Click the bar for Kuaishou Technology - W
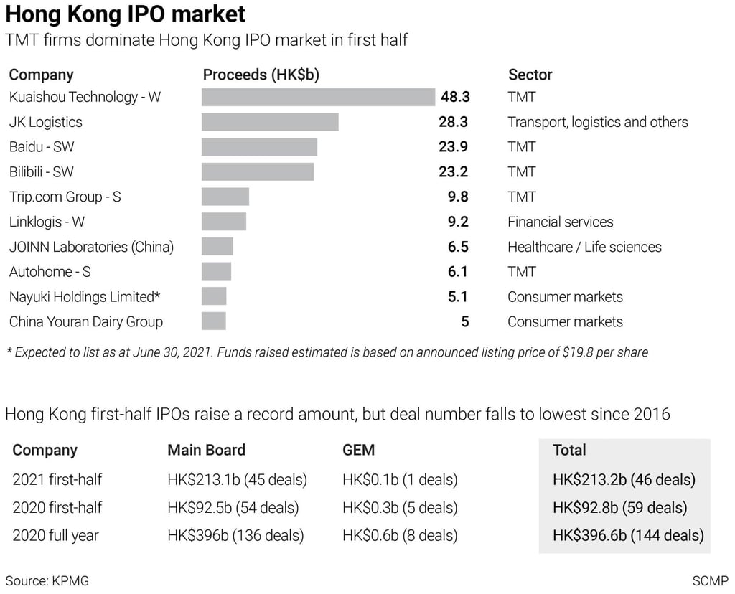[x=318, y=97]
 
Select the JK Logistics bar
[x=270, y=122]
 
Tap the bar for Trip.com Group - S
[x=225, y=197]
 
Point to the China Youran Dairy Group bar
[x=214, y=321]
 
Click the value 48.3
[x=454, y=97]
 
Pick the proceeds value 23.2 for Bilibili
[x=454, y=172]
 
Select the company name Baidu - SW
[x=42, y=147]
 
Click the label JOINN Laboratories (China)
[x=91, y=247]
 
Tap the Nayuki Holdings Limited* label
[x=85, y=297]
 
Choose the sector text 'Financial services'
[x=561, y=222]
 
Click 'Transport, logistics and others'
[x=598, y=122]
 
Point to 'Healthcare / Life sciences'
[x=584, y=247]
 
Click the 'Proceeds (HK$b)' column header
[x=261, y=75]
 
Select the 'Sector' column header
[x=530, y=75]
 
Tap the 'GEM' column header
[x=359, y=450]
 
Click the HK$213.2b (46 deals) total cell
[x=624, y=479]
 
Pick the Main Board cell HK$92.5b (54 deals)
[x=233, y=507]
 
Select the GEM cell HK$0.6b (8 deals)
[x=400, y=535]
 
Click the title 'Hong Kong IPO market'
[x=126, y=14]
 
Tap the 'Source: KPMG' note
[x=47, y=580]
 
